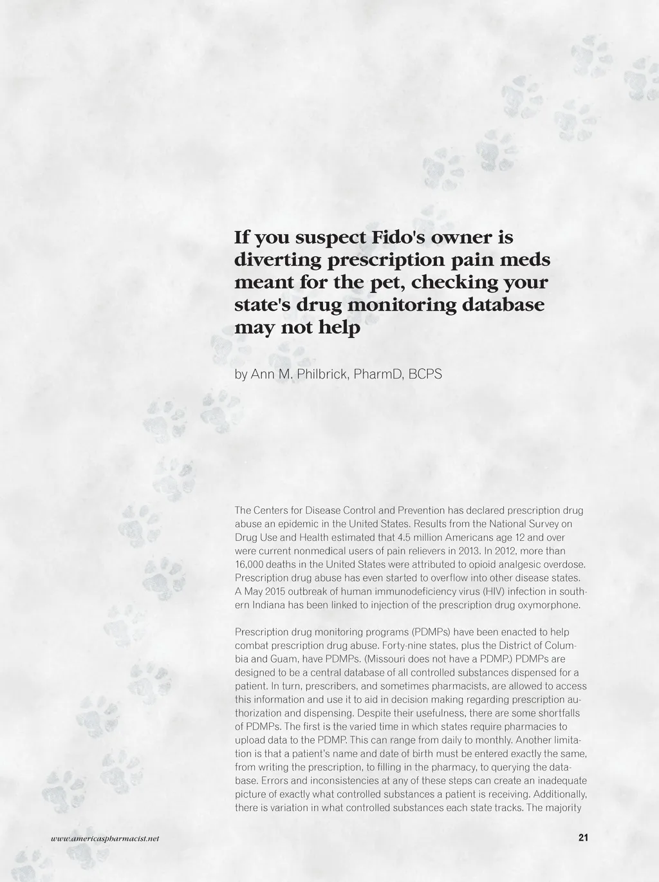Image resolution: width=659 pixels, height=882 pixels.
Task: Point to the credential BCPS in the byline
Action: click(x=425, y=374)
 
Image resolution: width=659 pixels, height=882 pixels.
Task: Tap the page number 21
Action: click(x=584, y=838)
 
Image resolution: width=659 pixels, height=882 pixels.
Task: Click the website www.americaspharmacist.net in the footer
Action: click(x=106, y=838)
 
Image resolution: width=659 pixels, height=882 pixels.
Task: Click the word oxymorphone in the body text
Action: click(x=554, y=605)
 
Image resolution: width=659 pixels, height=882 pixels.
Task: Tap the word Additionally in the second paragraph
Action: click(x=561, y=794)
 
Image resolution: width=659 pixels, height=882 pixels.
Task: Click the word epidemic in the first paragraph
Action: click(x=295, y=524)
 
